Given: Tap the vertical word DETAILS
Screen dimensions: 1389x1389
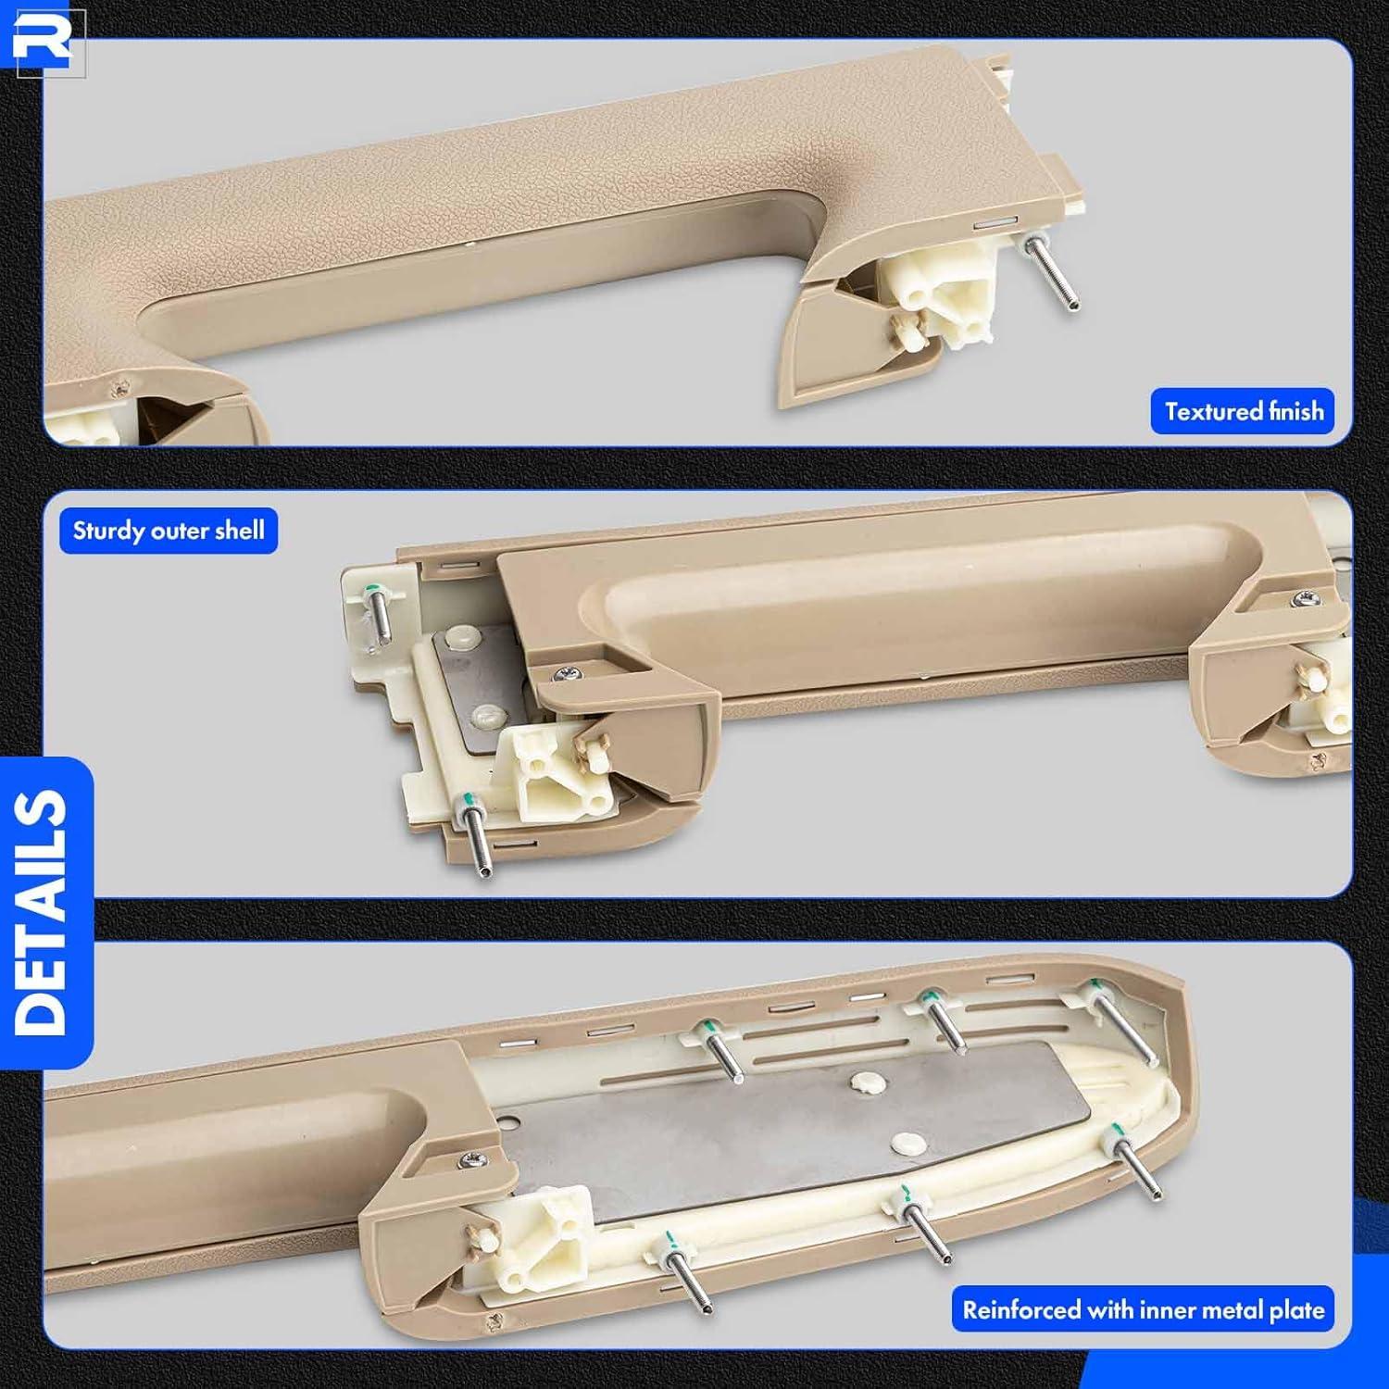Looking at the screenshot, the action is click(x=42, y=912).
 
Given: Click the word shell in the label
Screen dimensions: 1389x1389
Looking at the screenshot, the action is click(x=239, y=531).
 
